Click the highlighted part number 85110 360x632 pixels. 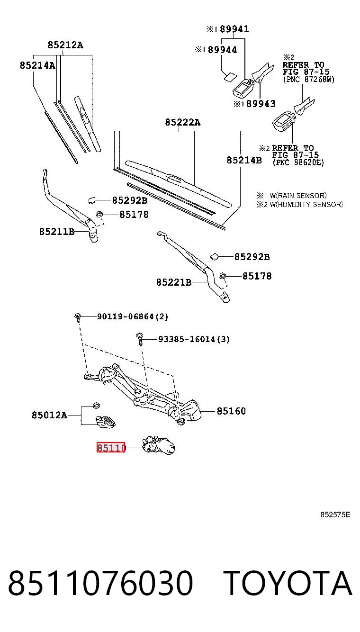[110, 448]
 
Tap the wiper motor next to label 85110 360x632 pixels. [159, 445]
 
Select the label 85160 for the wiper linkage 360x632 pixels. [231, 411]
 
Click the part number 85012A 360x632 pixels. [50, 415]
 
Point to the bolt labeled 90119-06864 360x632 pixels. [78, 317]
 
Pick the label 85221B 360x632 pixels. [174, 282]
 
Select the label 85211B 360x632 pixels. [57, 232]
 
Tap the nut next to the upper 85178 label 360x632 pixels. [99, 214]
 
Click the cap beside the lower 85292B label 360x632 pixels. [215, 256]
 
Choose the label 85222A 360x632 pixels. [183, 122]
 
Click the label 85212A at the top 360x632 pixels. [65, 45]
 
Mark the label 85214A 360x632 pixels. [37, 65]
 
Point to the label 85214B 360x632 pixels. [244, 160]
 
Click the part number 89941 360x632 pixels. [234, 29]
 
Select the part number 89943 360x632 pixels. [261, 104]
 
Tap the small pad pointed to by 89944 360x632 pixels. [230, 77]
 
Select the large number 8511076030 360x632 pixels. [100, 583]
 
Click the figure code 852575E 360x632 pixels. [335, 515]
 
